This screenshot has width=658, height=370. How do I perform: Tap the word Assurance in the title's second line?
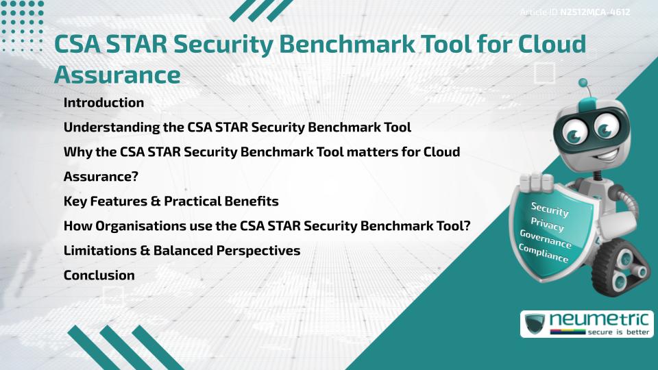117,73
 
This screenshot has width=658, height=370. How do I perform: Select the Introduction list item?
103,103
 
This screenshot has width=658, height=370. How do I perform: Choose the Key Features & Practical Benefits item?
171,201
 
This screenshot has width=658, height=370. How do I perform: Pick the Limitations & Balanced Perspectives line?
182,251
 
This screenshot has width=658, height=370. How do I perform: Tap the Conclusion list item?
99,275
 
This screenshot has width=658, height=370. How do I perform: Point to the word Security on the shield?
550,209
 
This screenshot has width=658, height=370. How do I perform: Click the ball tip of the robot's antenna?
584,84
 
